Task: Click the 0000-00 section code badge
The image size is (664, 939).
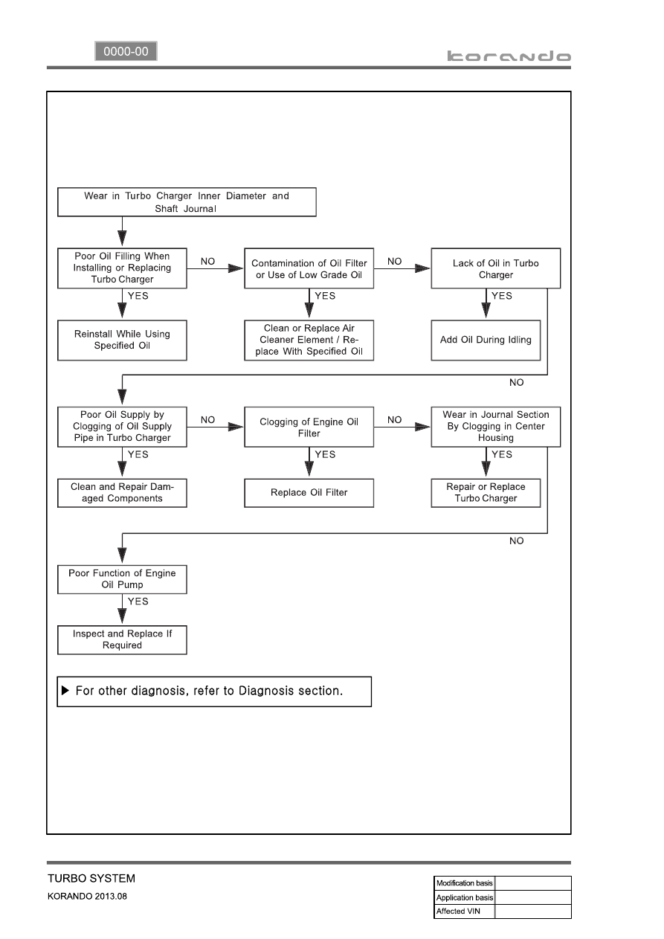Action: click(x=126, y=51)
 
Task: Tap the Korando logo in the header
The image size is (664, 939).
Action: click(x=509, y=56)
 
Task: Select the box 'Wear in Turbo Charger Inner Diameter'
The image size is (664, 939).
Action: click(x=187, y=202)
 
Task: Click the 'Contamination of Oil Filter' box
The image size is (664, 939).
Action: click(x=309, y=268)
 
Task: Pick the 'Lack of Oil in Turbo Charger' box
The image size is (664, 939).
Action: click(x=495, y=268)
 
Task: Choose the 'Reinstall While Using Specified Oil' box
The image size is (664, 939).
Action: click(x=122, y=340)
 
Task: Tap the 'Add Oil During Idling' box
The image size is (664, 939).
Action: click(x=486, y=340)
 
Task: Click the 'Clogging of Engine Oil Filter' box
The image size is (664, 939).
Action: click(x=309, y=427)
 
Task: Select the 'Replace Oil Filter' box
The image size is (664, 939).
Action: click(x=309, y=493)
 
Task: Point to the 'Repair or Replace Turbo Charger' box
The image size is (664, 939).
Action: click(x=486, y=493)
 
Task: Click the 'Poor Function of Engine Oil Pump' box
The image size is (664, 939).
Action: click(x=122, y=579)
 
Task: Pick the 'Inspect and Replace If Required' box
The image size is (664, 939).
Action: click(x=122, y=639)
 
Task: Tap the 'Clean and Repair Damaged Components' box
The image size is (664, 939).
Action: click(x=122, y=493)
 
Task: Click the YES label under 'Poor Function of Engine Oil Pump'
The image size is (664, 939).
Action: click(x=138, y=601)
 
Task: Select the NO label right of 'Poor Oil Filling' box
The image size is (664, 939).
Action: click(x=207, y=261)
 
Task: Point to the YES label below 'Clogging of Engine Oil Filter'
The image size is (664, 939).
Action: click(x=325, y=454)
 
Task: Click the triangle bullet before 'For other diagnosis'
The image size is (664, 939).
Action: click(x=65, y=691)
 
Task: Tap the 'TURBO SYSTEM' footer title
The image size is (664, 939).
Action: click(x=91, y=878)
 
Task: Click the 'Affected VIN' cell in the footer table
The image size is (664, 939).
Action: click(x=464, y=911)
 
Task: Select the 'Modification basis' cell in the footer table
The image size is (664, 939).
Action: click(x=464, y=882)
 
